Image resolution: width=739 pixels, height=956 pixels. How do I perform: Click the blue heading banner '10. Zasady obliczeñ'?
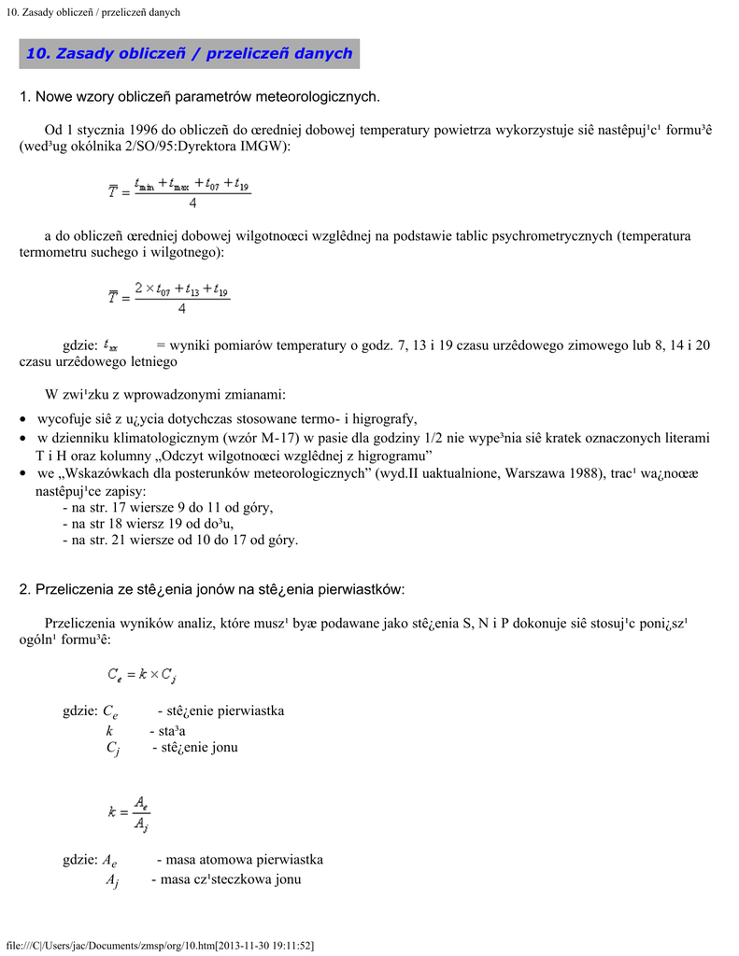[190, 53]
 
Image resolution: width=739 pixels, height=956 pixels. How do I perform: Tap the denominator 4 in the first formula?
[192, 203]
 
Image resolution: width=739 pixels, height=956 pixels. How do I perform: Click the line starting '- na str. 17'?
[167, 508]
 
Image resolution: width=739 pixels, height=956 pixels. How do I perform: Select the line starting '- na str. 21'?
[179, 540]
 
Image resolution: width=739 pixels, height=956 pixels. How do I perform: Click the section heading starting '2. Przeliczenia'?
[212, 589]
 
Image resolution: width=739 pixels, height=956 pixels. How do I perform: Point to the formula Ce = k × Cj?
[141, 675]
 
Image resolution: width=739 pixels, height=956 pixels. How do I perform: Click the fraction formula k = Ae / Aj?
[129, 812]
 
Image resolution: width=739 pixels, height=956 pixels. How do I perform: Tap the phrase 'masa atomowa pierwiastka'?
[244, 860]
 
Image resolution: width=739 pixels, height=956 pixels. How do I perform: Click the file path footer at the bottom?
[160, 946]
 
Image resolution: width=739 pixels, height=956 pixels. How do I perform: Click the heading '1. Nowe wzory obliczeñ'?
[200, 96]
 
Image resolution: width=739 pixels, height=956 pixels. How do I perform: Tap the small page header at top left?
[92, 12]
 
